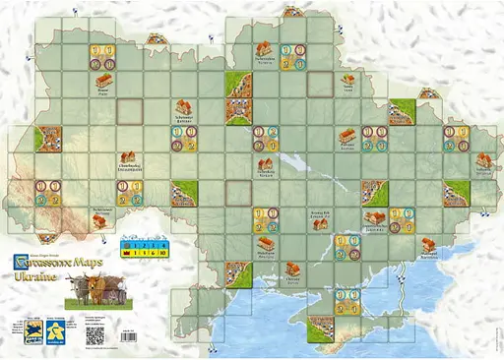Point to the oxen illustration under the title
(75, 290)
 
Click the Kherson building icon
(291, 268)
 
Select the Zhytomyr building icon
(183, 106)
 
